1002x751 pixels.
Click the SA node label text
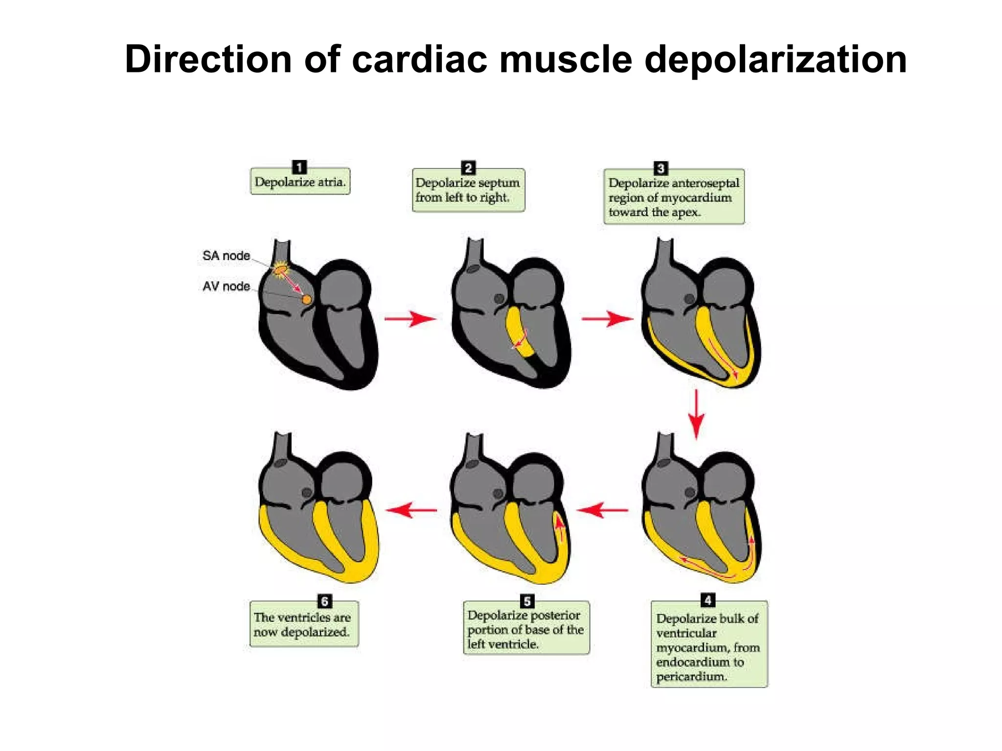[x=226, y=256]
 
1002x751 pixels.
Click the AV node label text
[x=226, y=287]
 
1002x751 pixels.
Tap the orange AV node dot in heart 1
[x=306, y=299]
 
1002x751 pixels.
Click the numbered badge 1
[x=299, y=167]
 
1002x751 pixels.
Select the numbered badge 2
[x=468, y=168]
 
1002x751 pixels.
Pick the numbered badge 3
[x=660, y=169]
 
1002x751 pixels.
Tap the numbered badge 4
[x=707, y=600]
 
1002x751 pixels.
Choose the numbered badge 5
[x=527, y=601]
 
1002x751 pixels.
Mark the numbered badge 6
[x=324, y=601]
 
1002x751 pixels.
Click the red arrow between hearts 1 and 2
[x=410, y=319]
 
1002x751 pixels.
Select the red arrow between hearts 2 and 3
[x=607, y=319]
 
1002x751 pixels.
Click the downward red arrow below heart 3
[x=696, y=414]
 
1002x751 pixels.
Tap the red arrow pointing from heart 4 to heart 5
[x=603, y=510]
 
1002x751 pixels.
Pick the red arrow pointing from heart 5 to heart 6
[x=411, y=510]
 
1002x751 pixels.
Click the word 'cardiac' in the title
[x=419, y=59]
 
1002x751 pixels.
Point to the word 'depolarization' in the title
[x=775, y=59]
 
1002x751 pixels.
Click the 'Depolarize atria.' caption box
[x=300, y=182]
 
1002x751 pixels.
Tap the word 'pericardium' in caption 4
[x=691, y=677]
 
